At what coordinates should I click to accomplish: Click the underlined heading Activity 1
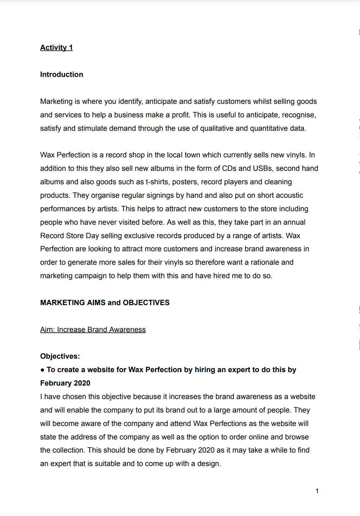click(56, 47)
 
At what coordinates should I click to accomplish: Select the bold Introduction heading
click(62, 74)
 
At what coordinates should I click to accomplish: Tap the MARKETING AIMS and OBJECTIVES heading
click(105, 303)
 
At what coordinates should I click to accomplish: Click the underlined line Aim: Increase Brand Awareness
click(93, 330)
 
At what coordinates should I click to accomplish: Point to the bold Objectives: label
click(60, 356)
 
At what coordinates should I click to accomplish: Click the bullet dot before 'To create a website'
click(43, 370)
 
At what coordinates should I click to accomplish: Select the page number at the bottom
click(317, 491)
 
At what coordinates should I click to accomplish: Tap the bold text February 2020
click(65, 383)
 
